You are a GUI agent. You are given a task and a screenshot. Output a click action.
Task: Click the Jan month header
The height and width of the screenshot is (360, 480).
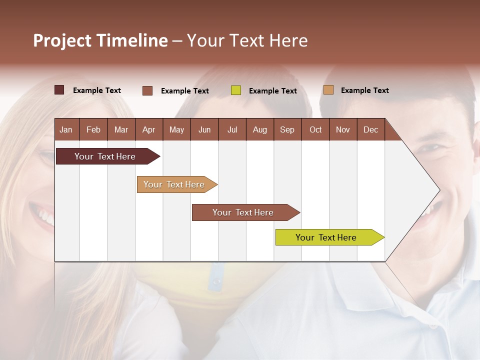tap(66, 129)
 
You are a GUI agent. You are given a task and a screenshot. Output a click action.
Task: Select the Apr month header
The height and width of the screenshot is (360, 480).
tap(149, 129)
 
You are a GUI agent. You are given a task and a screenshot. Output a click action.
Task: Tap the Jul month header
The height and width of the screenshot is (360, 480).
tap(232, 129)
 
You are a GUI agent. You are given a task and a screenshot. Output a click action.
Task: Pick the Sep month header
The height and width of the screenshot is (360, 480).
tap(287, 129)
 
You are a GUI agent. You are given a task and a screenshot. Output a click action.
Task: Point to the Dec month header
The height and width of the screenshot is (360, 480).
tap(370, 129)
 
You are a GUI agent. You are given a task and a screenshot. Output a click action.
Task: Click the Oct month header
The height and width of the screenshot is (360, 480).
tap(315, 129)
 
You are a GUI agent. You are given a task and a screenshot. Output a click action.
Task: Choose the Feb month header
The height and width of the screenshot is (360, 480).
tap(93, 129)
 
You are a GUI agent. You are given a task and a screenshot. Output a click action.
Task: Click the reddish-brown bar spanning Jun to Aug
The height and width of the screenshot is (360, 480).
tap(243, 212)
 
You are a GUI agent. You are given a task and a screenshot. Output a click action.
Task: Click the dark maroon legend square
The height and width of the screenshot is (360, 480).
tap(59, 90)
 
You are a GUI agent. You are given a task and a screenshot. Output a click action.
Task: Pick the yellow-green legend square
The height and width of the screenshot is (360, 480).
tap(236, 90)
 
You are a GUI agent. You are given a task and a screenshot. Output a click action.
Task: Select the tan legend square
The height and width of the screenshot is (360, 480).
tap(328, 90)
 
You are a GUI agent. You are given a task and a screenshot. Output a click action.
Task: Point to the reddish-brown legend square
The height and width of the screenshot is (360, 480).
tap(147, 90)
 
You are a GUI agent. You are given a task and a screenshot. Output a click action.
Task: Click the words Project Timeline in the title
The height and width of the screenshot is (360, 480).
tap(100, 40)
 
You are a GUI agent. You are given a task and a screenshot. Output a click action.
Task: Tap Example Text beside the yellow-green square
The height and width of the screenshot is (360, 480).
tap(272, 91)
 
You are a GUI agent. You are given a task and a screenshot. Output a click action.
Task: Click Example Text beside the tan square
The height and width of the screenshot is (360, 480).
tap(364, 90)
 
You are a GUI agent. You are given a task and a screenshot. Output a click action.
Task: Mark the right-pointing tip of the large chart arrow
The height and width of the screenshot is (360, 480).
tap(438, 190)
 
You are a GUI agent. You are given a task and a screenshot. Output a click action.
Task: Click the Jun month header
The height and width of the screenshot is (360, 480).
tap(204, 129)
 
